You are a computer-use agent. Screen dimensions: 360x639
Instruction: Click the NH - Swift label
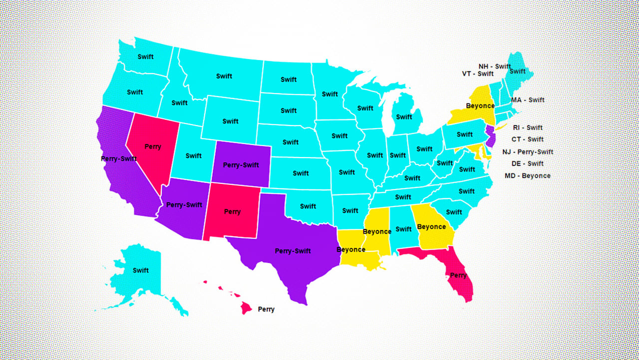point(495,66)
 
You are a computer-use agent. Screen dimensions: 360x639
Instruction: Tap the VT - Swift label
point(478,74)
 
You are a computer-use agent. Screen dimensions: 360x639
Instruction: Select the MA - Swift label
point(528,100)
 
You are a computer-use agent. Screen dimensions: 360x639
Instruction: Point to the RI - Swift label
point(528,127)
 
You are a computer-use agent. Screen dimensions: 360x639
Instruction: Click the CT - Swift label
point(528,139)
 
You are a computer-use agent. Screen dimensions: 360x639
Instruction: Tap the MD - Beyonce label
point(528,176)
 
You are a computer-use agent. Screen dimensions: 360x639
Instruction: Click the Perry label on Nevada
point(153,146)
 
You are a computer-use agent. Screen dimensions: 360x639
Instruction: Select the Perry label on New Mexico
point(232,211)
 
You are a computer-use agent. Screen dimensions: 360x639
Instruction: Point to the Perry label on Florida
point(458,275)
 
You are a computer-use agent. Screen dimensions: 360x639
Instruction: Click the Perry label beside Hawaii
point(266,309)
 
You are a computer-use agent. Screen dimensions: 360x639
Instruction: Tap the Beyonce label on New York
point(480,106)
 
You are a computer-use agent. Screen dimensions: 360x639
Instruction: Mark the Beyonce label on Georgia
point(431,226)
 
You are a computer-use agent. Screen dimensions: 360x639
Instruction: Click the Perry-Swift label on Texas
point(293,251)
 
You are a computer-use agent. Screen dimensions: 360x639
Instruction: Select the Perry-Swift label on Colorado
point(241,165)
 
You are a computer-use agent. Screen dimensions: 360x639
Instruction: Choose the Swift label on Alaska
point(141,270)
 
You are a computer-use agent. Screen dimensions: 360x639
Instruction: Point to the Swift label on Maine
point(518,71)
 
